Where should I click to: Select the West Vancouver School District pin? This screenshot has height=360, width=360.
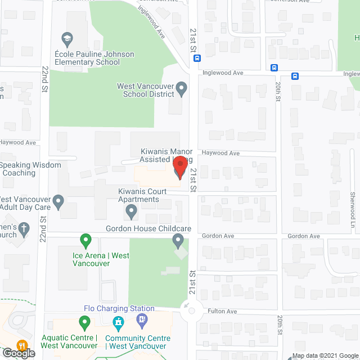[181, 88]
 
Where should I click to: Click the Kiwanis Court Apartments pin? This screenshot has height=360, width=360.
[131, 212]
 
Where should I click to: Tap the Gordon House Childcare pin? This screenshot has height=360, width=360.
[178, 241]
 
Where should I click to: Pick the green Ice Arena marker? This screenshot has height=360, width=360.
[85, 241]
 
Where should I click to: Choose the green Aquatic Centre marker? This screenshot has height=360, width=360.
[85, 323]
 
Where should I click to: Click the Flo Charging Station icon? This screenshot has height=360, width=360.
[118, 322]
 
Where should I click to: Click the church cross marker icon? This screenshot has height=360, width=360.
[24, 228]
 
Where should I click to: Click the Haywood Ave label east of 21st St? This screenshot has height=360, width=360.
[221, 153]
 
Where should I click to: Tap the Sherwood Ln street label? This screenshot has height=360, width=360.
[353, 205]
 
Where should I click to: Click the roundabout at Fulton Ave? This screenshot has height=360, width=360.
[192, 310]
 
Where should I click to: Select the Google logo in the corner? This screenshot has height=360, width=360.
[18, 353]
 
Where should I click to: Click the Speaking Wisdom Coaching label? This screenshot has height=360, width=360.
[19, 169]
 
